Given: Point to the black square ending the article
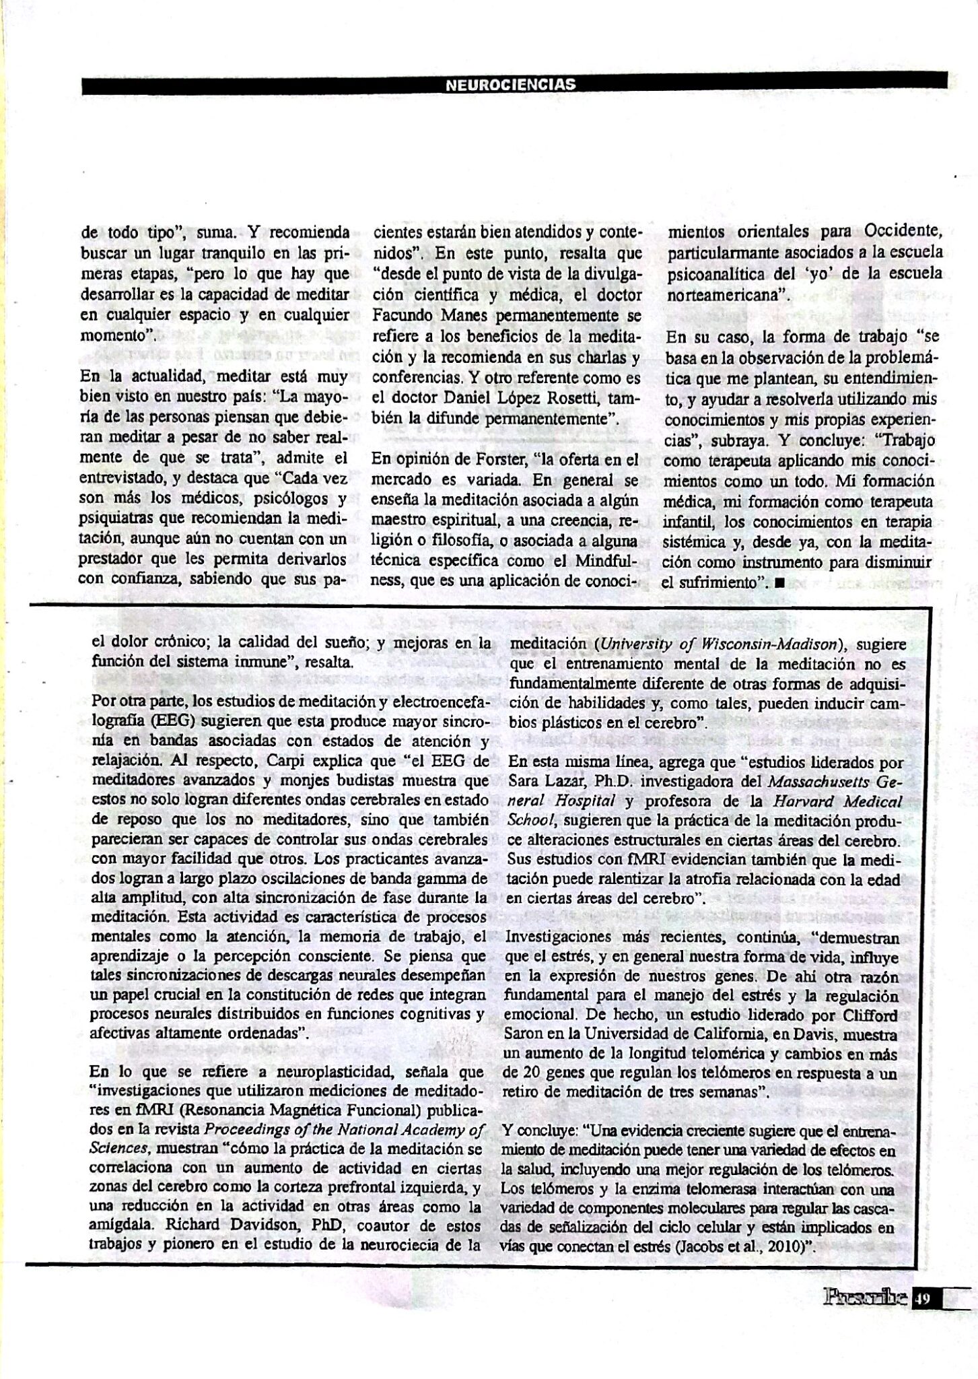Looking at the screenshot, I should (x=779, y=583).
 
